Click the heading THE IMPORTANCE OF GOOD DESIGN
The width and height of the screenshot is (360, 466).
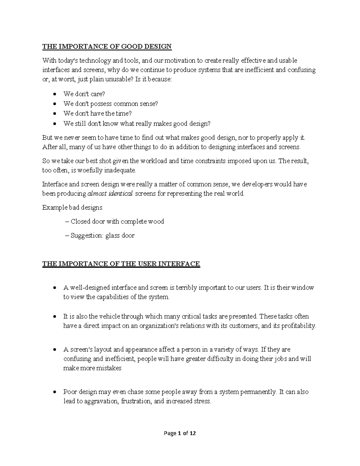pos(107,46)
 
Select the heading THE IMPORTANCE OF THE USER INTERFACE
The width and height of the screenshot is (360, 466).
pos(121,264)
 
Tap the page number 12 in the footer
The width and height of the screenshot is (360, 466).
pos(193,433)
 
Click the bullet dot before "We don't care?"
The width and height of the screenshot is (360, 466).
pos(54,94)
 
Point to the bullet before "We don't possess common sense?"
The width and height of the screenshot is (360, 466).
pos(54,104)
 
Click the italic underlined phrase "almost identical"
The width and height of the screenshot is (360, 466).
pos(110,194)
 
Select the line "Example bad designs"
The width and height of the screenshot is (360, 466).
pos(72,207)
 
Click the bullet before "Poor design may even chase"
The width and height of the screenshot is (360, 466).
pos(54,392)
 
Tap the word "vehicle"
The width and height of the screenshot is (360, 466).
pos(109,316)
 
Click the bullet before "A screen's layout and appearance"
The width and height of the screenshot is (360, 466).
pos(54,350)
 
